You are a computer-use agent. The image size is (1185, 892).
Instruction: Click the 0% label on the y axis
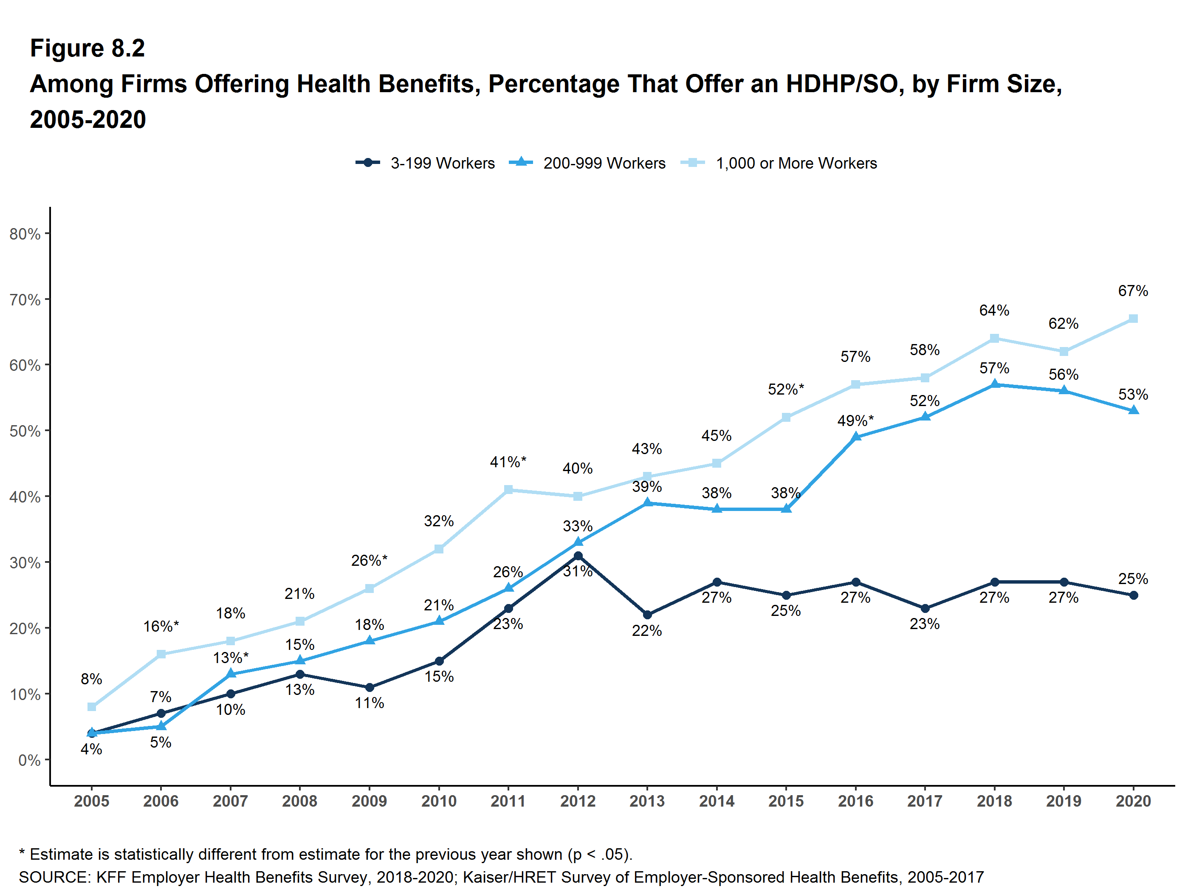[x=29, y=760]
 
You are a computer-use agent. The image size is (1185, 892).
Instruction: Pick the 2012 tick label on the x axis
[x=578, y=801]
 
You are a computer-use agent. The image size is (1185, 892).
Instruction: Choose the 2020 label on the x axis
[x=1133, y=801]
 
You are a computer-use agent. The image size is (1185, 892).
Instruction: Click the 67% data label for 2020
[x=1133, y=291]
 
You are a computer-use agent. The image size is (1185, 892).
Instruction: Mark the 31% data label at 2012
[x=578, y=572]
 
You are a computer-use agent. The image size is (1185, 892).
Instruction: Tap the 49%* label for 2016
[x=855, y=421]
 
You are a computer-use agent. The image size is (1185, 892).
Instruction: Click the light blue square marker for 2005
[x=92, y=707]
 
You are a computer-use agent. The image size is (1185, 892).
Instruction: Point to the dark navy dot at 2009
[x=369, y=687]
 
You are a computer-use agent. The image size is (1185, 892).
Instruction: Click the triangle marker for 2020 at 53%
[x=1133, y=410]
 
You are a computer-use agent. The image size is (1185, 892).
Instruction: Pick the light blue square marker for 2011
[x=508, y=490]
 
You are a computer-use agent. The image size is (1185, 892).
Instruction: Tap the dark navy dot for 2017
[x=925, y=608]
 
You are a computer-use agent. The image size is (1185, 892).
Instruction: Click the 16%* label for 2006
[x=161, y=626]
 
